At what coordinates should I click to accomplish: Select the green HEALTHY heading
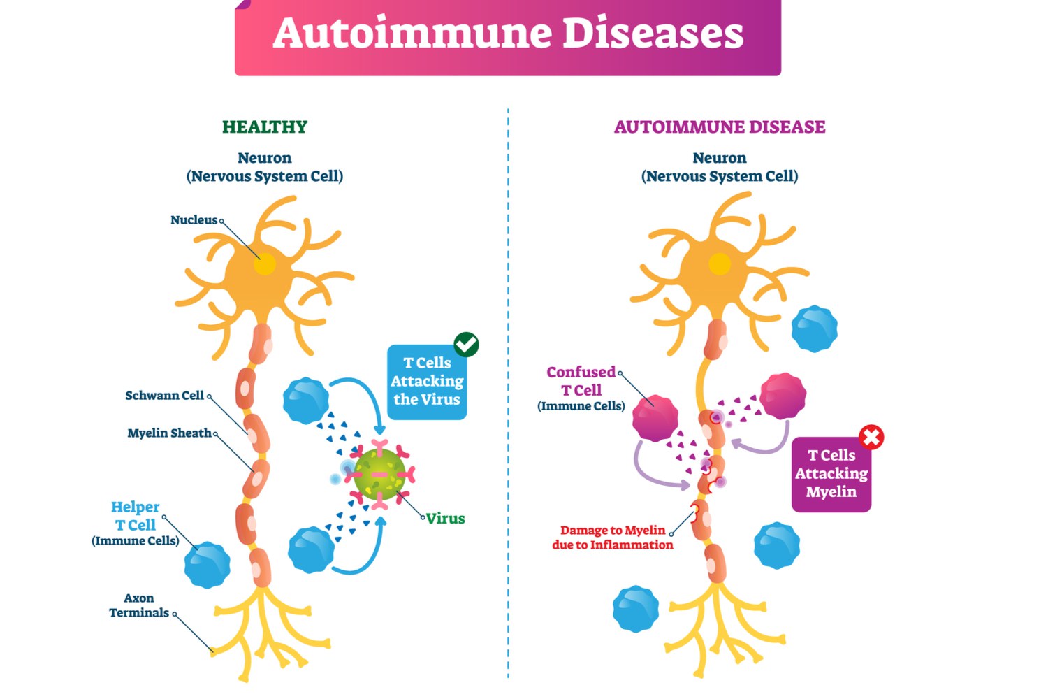(264, 127)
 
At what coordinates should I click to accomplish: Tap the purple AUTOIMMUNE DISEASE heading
(719, 127)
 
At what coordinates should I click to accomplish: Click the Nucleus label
(194, 220)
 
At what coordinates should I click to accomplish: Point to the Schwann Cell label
(164, 396)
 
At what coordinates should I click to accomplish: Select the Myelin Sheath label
(169, 433)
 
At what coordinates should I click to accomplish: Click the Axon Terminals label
(139, 605)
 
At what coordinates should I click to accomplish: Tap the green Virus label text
(446, 519)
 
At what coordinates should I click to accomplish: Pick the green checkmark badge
(466, 345)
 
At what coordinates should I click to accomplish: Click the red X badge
(871, 438)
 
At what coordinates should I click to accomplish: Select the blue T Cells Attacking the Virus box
(426, 382)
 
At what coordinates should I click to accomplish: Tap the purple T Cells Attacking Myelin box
(831, 475)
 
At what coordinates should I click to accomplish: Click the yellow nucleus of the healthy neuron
(265, 265)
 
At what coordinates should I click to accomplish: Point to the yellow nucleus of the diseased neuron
(720, 264)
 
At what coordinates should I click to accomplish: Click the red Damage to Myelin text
(612, 538)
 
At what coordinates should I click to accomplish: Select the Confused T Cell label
(581, 382)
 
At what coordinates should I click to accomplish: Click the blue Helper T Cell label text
(135, 516)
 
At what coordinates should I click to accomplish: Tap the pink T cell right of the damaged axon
(783, 396)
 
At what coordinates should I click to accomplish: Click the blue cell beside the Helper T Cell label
(208, 564)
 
